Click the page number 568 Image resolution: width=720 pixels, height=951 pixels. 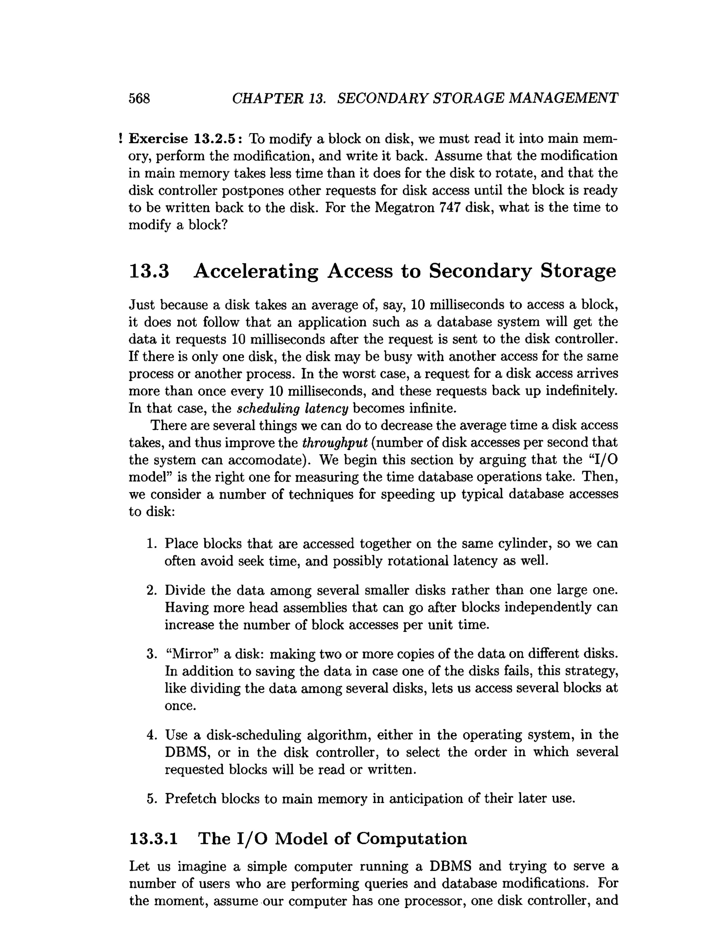[139, 98]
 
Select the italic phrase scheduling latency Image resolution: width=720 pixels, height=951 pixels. [292, 408]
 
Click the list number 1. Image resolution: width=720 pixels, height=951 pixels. [151, 544]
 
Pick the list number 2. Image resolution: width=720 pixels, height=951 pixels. [151, 590]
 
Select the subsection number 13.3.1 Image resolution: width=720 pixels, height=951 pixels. [153, 839]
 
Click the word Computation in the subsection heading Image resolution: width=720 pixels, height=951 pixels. [411, 839]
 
